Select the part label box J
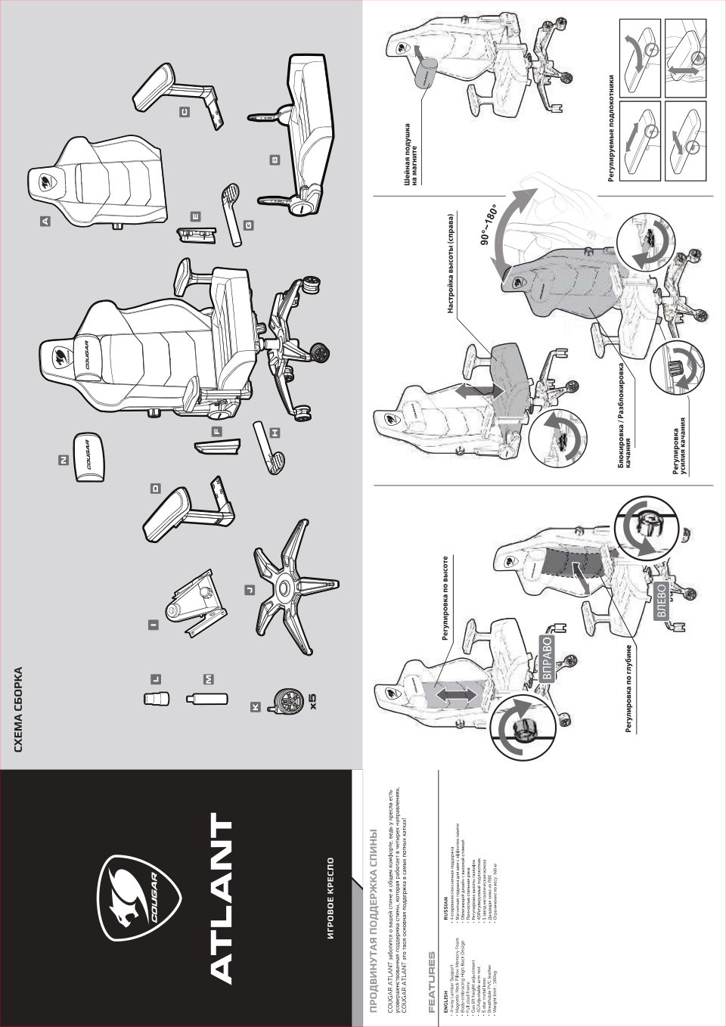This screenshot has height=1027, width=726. point(250,589)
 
